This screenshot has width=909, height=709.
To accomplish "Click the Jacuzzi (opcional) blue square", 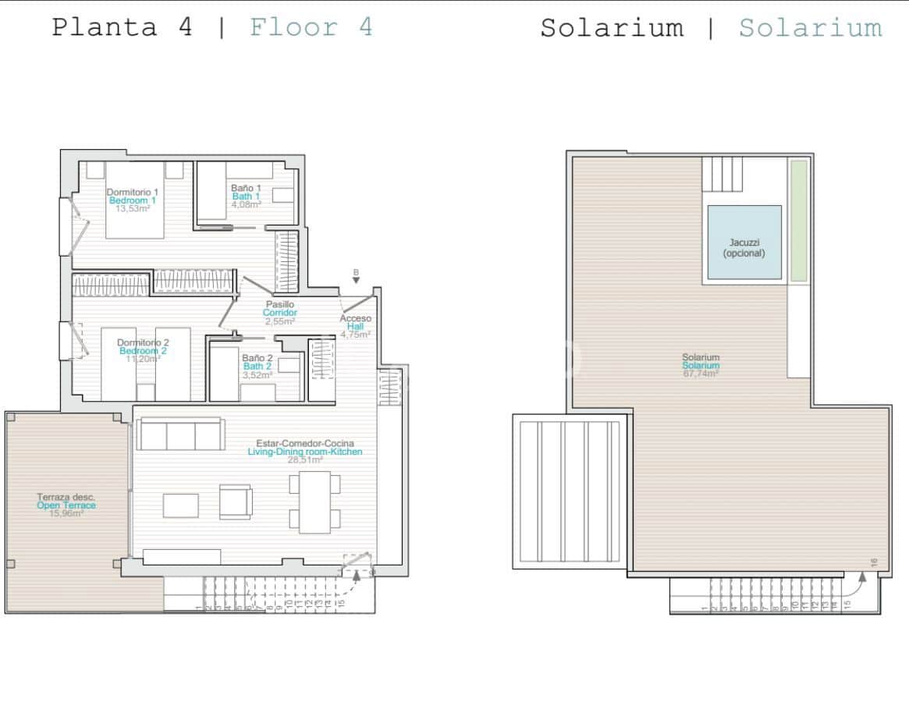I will pyautogui.click(x=744, y=243).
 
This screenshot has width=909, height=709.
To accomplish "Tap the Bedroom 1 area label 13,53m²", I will pyautogui.click(x=133, y=209).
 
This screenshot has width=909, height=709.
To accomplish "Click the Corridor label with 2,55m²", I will pyautogui.click(x=279, y=313).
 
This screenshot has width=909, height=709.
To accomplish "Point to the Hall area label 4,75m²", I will pyautogui.click(x=355, y=335).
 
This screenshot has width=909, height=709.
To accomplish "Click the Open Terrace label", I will pyautogui.click(x=66, y=505).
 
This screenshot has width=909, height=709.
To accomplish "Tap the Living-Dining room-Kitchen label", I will pyautogui.click(x=304, y=452).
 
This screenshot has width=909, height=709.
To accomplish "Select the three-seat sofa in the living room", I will pyautogui.click(x=180, y=434).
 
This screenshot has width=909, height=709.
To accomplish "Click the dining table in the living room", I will pyautogui.click(x=314, y=502).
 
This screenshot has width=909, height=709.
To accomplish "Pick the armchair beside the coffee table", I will pyautogui.click(x=235, y=502).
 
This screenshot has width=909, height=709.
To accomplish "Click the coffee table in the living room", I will pyautogui.click(x=180, y=505).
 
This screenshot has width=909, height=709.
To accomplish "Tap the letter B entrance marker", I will pyautogui.click(x=356, y=272).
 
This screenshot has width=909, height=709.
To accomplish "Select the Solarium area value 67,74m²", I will pyautogui.click(x=700, y=374).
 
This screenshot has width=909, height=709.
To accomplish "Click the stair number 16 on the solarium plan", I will pyautogui.click(x=875, y=562).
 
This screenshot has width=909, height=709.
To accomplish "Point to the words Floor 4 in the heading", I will pyautogui.click(x=311, y=27).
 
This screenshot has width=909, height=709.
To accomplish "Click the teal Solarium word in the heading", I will pyautogui.click(x=810, y=27).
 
